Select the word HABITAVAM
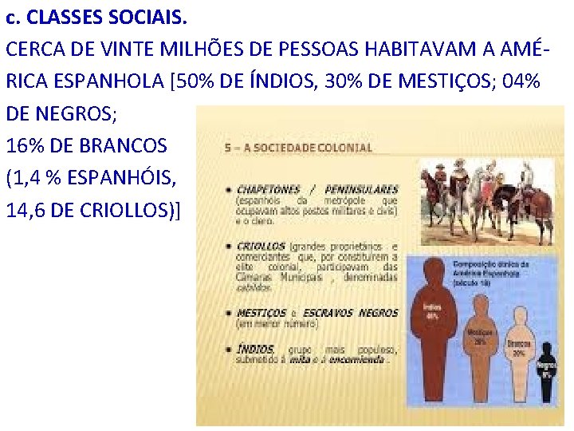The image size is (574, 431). (433, 49)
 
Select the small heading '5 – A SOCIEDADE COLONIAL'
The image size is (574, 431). (299, 148)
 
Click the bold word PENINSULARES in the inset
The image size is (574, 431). (361, 190)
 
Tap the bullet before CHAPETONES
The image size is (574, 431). (230, 191)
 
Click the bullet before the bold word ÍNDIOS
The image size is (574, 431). (230, 350)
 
